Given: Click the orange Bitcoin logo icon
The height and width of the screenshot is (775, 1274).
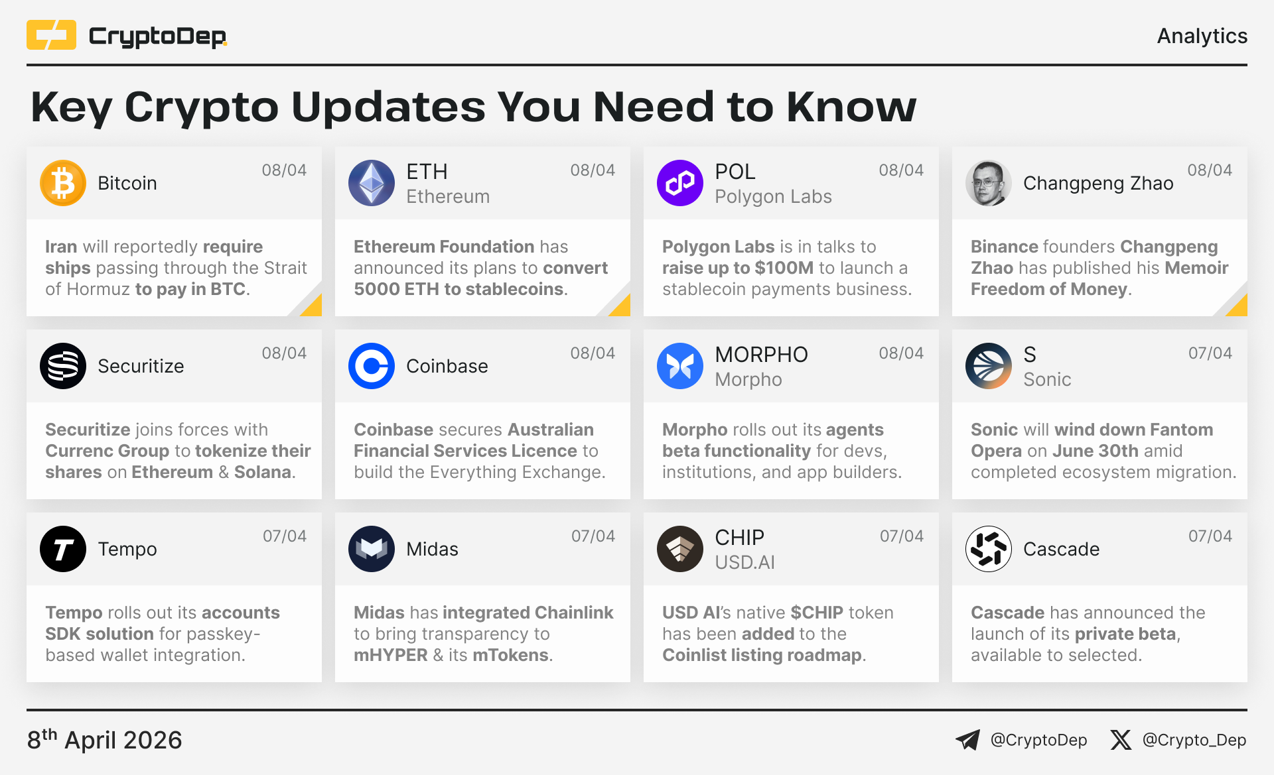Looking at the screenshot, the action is [x=63, y=183].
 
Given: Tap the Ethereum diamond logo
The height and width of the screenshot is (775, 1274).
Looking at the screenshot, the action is [x=372, y=183].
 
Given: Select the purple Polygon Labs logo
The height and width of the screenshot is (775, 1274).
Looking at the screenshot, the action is [x=680, y=183].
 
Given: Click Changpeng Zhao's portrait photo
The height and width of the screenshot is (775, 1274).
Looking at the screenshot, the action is [x=989, y=183].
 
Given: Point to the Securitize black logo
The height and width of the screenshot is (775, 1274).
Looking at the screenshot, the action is [x=63, y=366].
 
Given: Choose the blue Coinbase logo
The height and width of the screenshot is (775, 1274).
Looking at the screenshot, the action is [x=372, y=366].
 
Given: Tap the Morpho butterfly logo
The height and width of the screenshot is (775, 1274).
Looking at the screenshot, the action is [x=680, y=366].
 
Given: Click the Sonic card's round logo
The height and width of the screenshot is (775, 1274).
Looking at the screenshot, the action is [x=989, y=366].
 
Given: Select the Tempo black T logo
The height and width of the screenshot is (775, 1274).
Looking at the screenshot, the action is [x=63, y=549].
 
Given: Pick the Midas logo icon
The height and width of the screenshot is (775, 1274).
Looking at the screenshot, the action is [x=372, y=549].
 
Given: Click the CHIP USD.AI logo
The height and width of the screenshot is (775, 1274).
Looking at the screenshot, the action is [x=680, y=549].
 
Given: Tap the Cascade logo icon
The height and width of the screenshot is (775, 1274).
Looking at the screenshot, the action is [x=989, y=549].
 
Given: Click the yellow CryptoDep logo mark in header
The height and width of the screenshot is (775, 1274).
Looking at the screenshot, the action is [x=51, y=35].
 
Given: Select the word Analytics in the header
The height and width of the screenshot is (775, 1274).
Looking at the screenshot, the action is [x=1202, y=36].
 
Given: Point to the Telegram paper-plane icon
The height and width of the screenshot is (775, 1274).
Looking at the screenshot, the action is [x=968, y=740].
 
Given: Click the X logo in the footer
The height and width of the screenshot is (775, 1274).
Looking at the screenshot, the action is [x=1121, y=740].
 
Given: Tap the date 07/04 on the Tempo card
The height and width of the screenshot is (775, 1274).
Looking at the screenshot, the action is [x=285, y=536].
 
